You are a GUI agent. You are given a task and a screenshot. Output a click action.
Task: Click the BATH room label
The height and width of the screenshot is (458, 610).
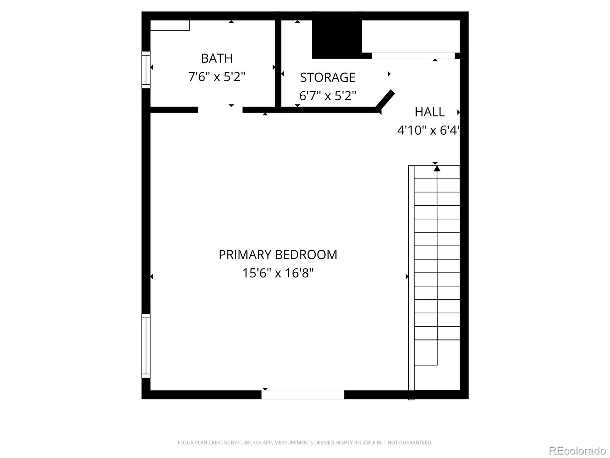tap(217, 58)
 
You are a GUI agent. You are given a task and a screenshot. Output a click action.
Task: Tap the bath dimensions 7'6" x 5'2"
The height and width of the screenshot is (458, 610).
tap(217, 77)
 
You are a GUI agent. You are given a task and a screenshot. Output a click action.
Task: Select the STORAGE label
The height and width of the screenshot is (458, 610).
tap(327, 77)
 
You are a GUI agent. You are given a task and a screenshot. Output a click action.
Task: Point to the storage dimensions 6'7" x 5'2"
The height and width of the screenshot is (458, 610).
tap(327, 95)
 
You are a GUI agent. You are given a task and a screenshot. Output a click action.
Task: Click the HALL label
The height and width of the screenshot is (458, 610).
tap(429, 112)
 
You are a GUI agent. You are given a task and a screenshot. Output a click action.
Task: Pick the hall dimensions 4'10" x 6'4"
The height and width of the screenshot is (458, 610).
tap(428, 130)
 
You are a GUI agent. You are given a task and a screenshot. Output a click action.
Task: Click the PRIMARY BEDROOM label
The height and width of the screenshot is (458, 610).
tap(278, 255)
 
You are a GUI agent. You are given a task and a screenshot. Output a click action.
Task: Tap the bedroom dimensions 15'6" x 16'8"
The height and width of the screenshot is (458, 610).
tap(278, 273)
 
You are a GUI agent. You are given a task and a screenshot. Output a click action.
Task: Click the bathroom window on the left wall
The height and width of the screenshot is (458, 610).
tap(146, 70)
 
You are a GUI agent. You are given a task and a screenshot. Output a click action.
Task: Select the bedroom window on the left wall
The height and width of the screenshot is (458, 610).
tap(146, 346)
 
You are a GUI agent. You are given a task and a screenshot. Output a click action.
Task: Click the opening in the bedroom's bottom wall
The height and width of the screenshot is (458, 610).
tap(303, 395)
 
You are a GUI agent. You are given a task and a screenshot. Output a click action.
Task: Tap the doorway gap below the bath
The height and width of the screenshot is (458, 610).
tap(220, 110)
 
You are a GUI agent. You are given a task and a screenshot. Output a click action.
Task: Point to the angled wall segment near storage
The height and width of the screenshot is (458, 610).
tap(385, 99)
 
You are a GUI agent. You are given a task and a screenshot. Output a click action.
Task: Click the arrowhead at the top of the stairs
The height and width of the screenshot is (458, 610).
tap(437, 168)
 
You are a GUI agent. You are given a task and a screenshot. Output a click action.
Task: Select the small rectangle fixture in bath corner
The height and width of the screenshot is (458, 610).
tap(170, 26)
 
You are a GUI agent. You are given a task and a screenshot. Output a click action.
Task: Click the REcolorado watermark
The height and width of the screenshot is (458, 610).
tap(577, 450)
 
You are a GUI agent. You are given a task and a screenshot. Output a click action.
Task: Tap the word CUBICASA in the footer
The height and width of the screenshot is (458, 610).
tap(250, 443)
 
